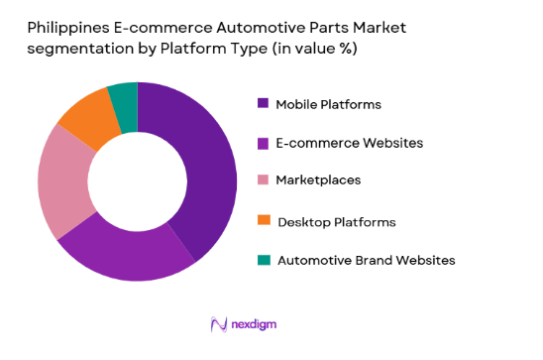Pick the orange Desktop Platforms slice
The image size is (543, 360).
point(85,119)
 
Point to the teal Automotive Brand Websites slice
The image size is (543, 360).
point(124,95)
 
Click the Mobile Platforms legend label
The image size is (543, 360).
point(328,104)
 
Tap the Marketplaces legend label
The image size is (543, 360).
point(318,180)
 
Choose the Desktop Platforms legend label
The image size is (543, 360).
point(337,221)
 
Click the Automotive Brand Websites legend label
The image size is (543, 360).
point(366,260)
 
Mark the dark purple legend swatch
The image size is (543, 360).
point(263,103)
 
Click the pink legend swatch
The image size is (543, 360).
point(263,180)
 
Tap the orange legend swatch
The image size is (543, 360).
point(263,220)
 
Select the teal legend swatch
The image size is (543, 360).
point(263,260)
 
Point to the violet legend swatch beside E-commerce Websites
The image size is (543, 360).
point(263,143)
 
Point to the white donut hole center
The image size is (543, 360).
point(137,181)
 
